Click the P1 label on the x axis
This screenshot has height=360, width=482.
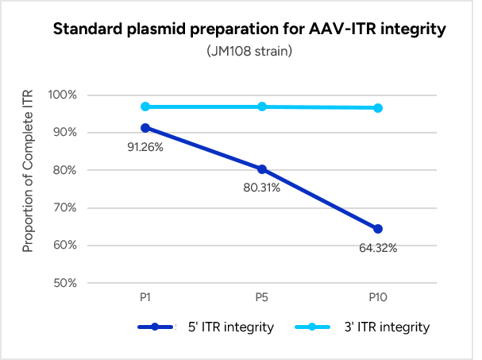pyautogui.click(x=145, y=297)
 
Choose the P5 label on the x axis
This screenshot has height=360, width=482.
pyautogui.click(x=261, y=297)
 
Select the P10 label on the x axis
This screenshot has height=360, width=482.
pyautogui.click(x=378, y=297)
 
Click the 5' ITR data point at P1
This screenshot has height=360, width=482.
pyautogui.click(x=145, y=128)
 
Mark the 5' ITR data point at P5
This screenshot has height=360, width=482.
pyautogui.click(x=261, y=169)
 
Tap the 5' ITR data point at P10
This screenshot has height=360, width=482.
pyautogui.click(x=378, y=229)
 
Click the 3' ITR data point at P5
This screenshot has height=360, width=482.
pyautogui.click(x=261, y=106)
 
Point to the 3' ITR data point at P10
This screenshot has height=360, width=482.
pyautogui.click(x=378, y=107)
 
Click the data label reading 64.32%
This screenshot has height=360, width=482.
pyautogui.click(x=378, y=248)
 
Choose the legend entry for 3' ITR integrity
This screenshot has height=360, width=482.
pyautogui.click(x=365, y=327)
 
